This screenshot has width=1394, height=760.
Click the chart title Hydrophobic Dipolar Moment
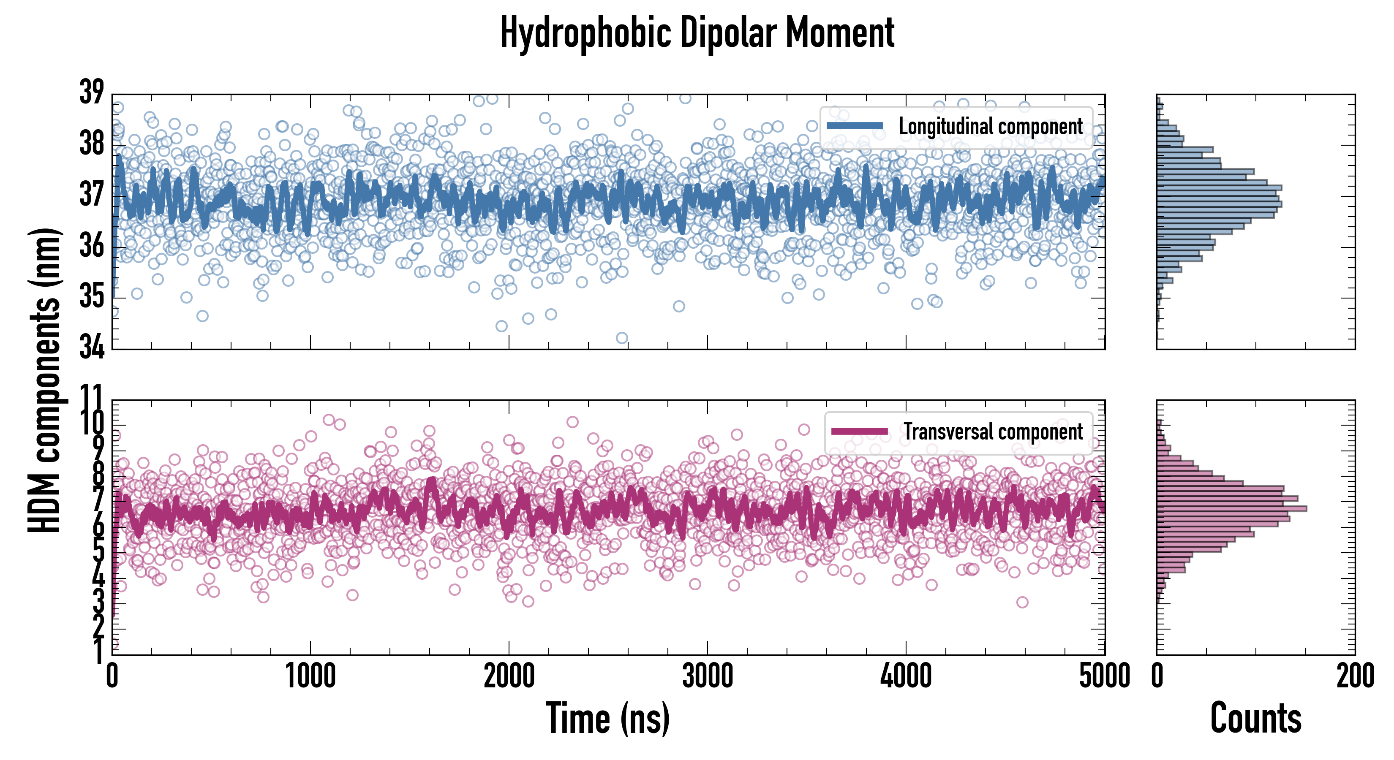coord(697,33)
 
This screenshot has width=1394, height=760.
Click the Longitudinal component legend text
coord(990,127)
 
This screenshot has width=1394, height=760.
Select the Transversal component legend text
coord(993,432)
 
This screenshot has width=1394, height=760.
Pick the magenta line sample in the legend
coord(859,431)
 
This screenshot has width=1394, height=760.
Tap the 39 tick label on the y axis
coord(91,92)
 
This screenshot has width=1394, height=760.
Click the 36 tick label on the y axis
coord(91,246)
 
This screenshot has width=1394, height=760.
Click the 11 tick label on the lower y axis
coord(91,398)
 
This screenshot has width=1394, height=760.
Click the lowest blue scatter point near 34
coord(622,338)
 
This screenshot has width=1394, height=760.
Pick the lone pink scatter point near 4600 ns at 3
coord(1022,602)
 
